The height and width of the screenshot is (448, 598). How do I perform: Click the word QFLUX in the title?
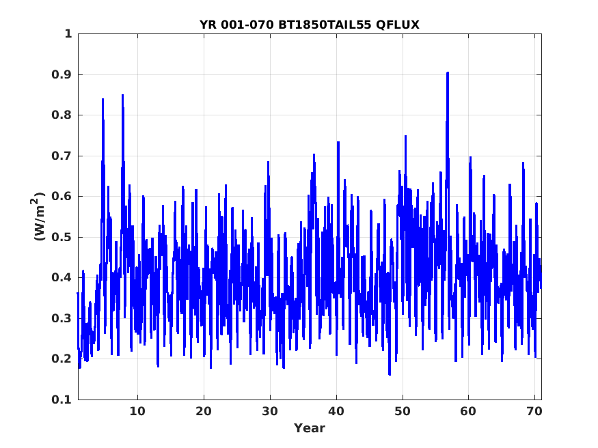tap(398, 25)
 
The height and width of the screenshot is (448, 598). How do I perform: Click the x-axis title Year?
tap(310, 428)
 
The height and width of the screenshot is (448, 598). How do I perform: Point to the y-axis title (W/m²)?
tap(38, 216)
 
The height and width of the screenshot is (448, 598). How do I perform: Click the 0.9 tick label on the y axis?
tap(62, 74)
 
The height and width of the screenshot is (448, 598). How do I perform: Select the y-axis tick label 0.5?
tap(62, 237)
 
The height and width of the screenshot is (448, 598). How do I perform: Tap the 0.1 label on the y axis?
tap(62, 400)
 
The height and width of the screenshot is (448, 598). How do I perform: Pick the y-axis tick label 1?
tap(68, 34)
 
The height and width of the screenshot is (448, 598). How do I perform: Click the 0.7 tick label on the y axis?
tap(62, 156)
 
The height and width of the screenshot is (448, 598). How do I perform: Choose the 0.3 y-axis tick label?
tap(62, 318)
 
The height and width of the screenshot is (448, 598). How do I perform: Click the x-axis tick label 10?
tap(137, 411)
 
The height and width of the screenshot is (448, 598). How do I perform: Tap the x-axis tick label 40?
tap(336, 411)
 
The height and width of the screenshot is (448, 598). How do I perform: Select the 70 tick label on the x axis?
tap(534, 411)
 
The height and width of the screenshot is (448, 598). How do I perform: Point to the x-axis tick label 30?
tap(270, 411)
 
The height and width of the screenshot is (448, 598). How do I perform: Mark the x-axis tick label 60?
tap(468, 411)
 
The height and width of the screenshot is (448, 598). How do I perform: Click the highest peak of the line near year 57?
tap(448, 72)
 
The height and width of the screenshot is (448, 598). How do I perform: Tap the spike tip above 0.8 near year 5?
tap(103, 99)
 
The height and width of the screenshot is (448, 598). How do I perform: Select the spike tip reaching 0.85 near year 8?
tap(122, 95)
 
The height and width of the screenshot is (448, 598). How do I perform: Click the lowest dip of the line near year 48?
tap(390, 374)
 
